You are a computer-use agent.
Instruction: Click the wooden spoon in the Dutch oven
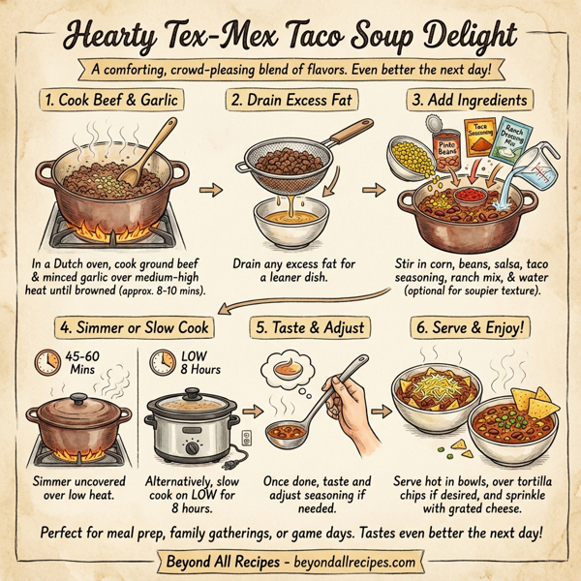tap(145, 155)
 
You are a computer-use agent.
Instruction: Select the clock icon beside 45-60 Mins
tap(45, 364)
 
